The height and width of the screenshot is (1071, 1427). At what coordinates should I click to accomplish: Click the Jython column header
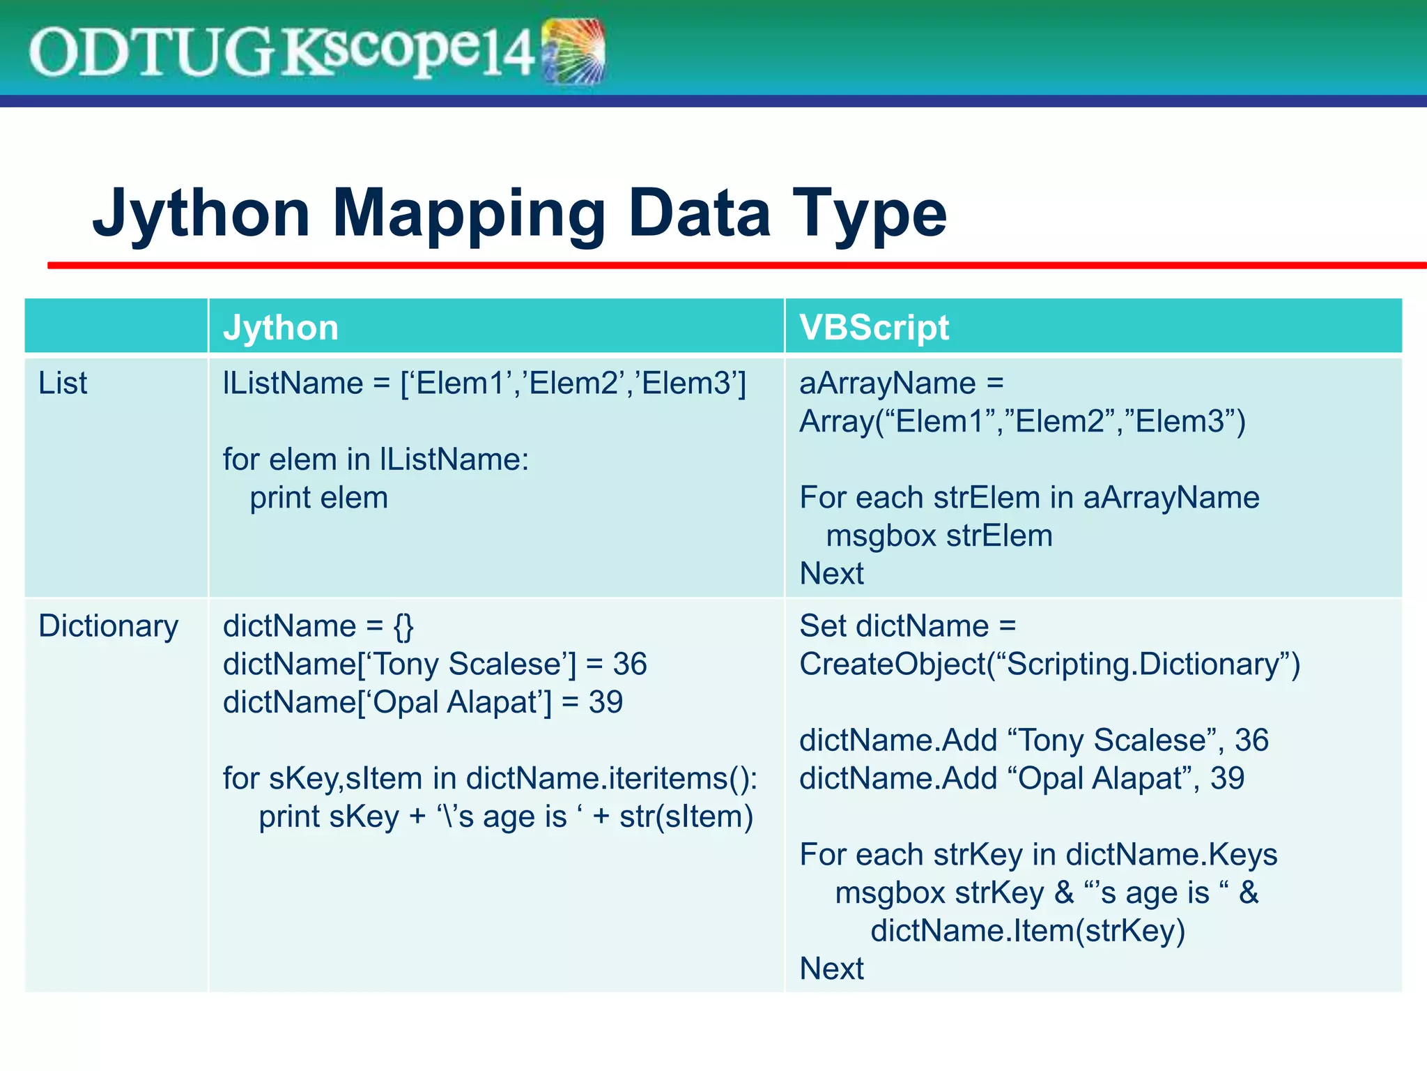(280, 328)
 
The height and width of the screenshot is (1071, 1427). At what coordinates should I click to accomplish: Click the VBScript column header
(874, 328)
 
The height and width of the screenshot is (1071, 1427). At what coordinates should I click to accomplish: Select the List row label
(63, 383)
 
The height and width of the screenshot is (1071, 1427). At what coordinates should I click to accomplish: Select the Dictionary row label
(108, 625)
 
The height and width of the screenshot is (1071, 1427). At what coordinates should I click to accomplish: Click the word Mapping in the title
(468, 213)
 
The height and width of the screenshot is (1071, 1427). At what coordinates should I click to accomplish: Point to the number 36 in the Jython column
(629, 664)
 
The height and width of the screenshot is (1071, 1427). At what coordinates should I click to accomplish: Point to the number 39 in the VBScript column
(1227, 778)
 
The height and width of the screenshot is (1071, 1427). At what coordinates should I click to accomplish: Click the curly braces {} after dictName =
(403, 625)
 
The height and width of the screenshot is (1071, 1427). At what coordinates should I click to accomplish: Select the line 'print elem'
(318, 498)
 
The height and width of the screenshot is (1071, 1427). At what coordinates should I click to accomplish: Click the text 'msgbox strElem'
(939, 536)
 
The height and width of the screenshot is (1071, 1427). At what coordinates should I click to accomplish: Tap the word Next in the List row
(831, 574)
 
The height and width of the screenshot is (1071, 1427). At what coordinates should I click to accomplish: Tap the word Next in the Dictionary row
(831, 969)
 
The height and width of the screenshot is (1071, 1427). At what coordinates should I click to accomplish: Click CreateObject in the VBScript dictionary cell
(892, 664)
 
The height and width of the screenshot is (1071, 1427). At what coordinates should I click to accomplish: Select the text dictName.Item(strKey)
(1028, 931)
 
